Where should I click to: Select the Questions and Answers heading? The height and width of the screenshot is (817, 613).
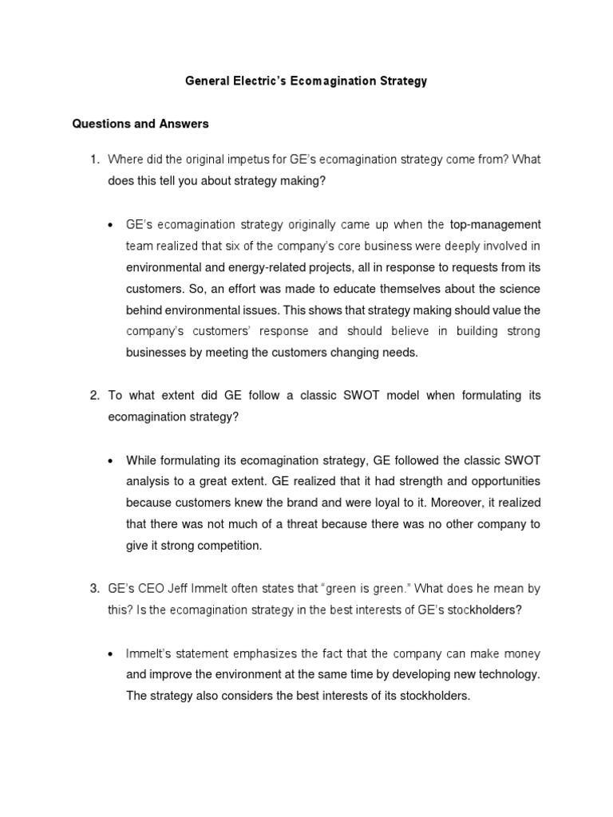click(140, 124)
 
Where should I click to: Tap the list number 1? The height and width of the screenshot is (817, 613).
click(94, 160)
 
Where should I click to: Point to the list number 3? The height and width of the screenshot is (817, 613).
click(94, 589)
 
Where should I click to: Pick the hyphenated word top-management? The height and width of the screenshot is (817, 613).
click(495, 224)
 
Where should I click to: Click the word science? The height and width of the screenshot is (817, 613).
click(517, 288)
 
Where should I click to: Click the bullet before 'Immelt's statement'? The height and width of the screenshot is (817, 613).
click(111, 653)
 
